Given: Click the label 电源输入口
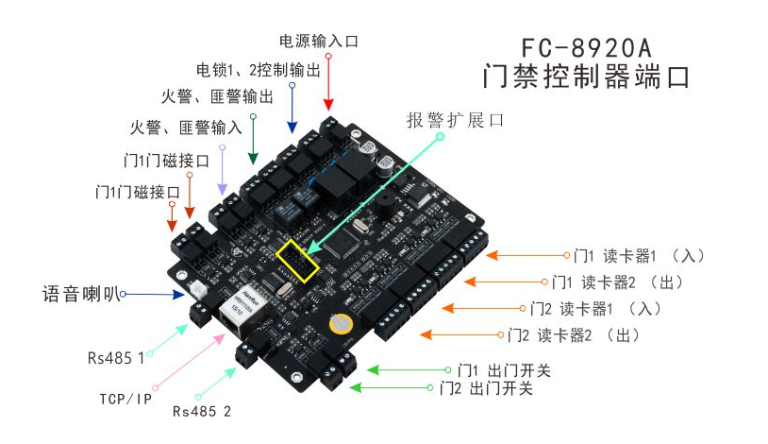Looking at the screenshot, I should point(319,42).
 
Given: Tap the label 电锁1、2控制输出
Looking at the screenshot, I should point(259,70).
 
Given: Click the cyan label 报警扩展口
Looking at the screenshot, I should point(457,120).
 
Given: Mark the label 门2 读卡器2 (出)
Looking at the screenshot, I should point(575,334).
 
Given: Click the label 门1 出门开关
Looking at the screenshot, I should point(504,370).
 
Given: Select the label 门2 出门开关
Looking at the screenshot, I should point(487,388).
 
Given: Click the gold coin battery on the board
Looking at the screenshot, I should point(339,323).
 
